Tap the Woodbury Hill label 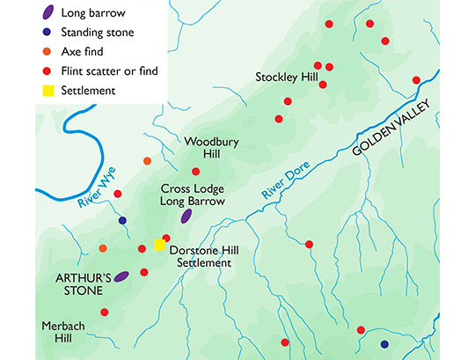pos(208,147)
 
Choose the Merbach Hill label pos(62,333)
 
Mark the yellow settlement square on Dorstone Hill pos(160,245)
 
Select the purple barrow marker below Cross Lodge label pos(186,216)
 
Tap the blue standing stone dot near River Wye pos(123,220)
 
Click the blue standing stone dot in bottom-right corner pos(384,344)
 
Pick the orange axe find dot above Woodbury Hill pos(147,161)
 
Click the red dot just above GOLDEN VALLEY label pos(416,80)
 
